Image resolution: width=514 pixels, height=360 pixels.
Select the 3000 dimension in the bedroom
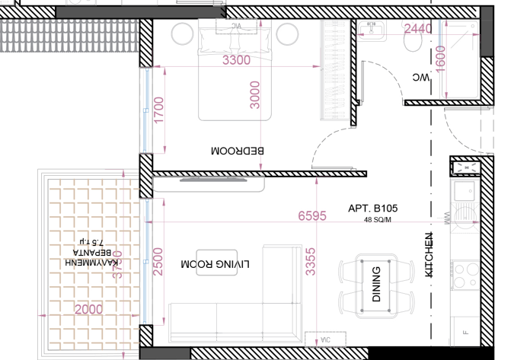tap(256, 94)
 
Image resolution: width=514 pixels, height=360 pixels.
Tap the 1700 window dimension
tap(158, 111)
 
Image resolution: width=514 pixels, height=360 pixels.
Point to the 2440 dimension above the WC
tap(418, 29)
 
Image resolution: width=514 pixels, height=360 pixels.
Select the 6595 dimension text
tap(313, 216)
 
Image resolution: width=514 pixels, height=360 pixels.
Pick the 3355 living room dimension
tap(310, 261)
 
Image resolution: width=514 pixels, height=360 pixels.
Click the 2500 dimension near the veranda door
tap(158, 262)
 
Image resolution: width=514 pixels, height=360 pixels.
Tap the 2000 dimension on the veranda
tap(88, 309)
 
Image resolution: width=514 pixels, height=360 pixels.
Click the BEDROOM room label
tap(237, 151)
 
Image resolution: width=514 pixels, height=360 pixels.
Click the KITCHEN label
tap(428, 253)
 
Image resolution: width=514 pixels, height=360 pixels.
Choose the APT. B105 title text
tap(373, 208)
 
